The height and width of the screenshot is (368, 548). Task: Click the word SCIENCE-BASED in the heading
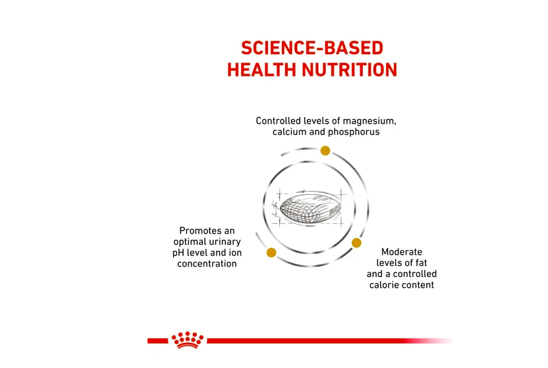[x=312, y=48]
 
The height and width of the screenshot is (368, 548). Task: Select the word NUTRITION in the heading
[x=350, y=70]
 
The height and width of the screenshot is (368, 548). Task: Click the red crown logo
[x=187, y=340]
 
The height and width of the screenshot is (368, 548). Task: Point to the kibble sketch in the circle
[x=310, y=209]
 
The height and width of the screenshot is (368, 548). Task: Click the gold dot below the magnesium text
[x=325, y=151]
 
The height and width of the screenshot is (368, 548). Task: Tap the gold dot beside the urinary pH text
[x=271, y=252]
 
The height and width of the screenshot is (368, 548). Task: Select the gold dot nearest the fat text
[x=356, y=243]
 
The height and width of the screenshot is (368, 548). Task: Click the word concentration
[x=207, y=263]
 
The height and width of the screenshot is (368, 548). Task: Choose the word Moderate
[x=402, y=252]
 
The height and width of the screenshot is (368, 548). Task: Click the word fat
[x=421, y=263]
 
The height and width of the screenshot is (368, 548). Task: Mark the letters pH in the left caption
[x=178, y=253]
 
